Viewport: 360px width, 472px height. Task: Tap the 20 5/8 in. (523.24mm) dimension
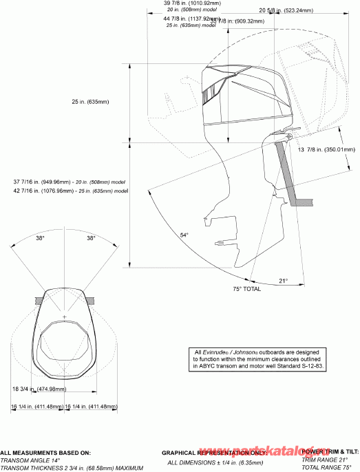286,10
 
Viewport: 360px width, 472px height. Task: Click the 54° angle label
184,235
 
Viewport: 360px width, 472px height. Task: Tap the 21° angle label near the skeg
283,280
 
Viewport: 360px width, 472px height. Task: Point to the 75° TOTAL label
246,290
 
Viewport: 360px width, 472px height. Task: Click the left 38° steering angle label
40,238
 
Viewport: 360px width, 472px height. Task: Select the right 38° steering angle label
91,238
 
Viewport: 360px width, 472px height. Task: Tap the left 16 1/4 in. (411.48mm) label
37,407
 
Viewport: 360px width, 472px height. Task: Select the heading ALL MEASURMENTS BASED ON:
45,453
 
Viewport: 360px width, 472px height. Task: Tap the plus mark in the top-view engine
65,316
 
